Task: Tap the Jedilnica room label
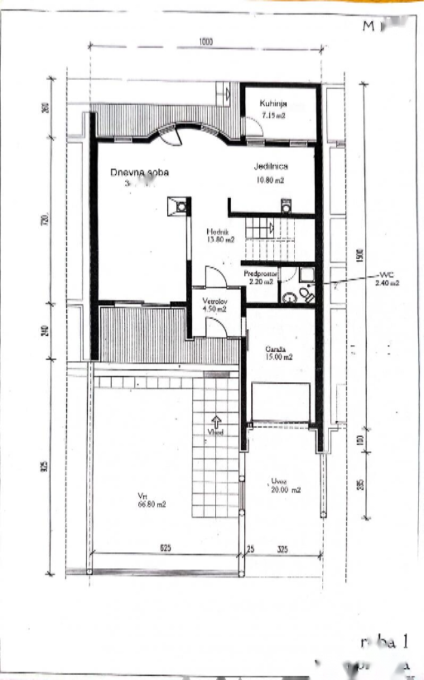click(x=270, y=166)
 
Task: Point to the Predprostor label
click(x=260, y=273)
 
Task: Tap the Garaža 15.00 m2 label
click(x=279, y=353)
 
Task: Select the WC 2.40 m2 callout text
click(x=386, y=279)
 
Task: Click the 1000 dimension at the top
click(x=206, y=42)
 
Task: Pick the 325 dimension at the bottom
click(x=282, y=550)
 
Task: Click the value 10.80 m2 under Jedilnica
click(x=271, y=180)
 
